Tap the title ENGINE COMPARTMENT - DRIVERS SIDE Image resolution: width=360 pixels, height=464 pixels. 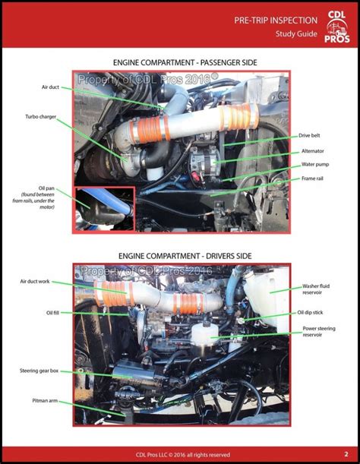coord(180,255)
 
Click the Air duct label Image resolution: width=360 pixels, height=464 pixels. coord(50,87)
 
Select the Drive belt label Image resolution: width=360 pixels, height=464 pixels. coord(310,135)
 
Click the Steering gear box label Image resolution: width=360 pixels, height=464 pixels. coord(39,371)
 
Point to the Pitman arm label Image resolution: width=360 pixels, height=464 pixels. coord(45,399)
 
